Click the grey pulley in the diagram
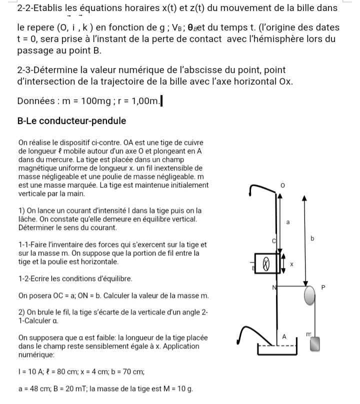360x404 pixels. tap(310, 294)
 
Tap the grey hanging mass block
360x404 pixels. tap(314, 344)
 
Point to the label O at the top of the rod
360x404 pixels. tap(282, 186)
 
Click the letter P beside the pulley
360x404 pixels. tap(323, 287)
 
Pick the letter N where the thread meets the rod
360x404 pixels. tap(273, 287)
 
